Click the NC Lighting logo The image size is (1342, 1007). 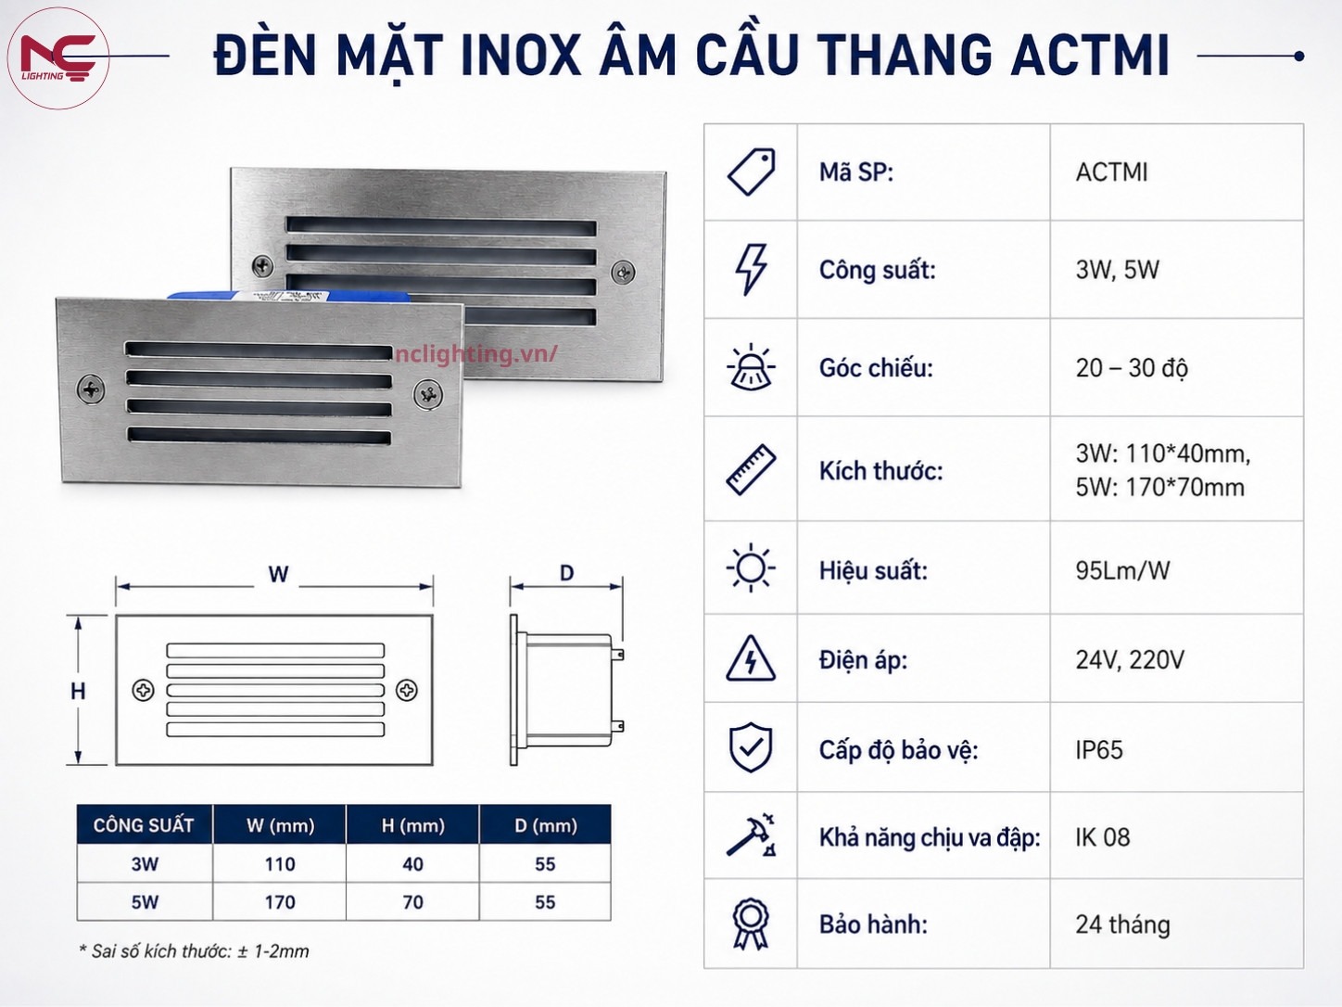[58, 58]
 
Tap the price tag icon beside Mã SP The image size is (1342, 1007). [752, 172]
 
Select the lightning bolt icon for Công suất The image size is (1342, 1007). [751, 270]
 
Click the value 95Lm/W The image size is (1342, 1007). [1122, 570]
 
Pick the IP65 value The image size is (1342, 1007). [1099, 749]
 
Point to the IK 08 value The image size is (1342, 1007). [1103, 837]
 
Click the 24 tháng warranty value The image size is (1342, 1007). [1122, 924]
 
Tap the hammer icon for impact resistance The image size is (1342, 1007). [752, 835]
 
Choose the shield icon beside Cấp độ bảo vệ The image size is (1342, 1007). [751, 747]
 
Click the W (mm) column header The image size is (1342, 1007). [280, 825]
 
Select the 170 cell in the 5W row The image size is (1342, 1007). [280, 902]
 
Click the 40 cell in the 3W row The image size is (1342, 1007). [412, 864]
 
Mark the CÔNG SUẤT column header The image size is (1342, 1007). [144, 825]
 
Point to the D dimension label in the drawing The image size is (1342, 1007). [567, 573]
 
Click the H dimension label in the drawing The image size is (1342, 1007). [78, 692]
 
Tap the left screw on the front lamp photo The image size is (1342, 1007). [91, 389]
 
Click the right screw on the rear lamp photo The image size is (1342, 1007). [623, 272]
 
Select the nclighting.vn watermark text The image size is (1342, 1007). [476, 354]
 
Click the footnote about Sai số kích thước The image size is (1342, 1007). [194, 950]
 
